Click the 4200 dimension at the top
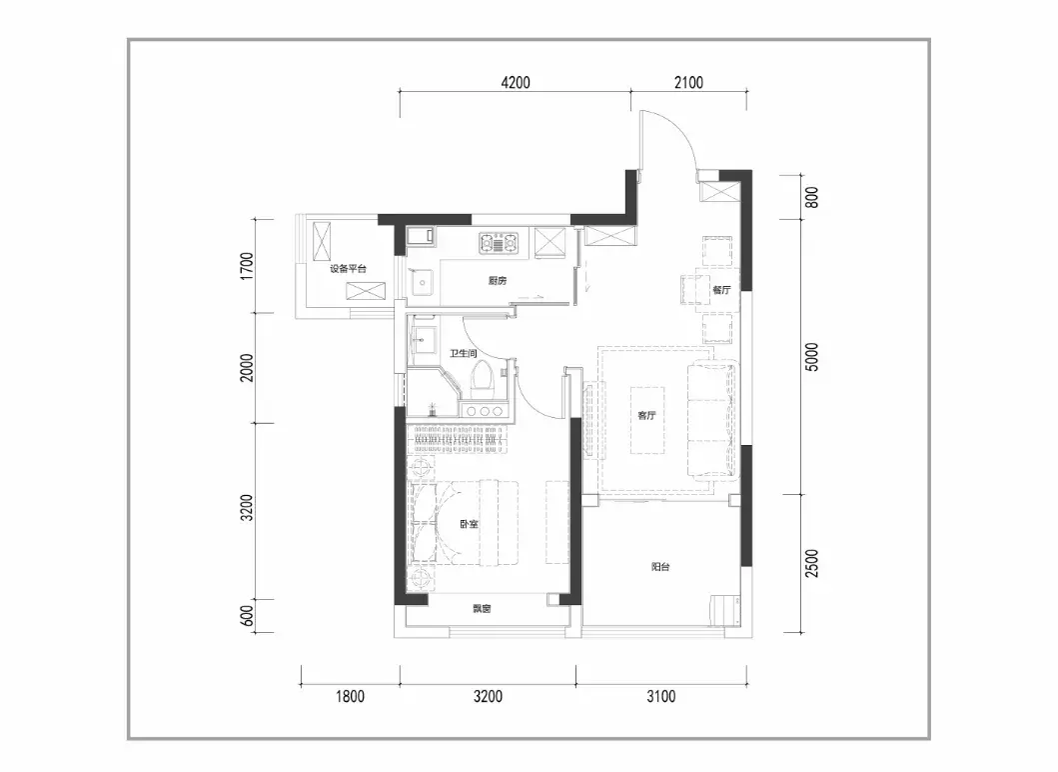pyautogui.click(x=516, y=82)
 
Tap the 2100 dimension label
pyautogui.click(x=688, y=82)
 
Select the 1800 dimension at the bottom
pyautogui.click(x=351, y=696)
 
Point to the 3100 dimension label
pyautogui.click(x=660, y=696)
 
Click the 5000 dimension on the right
pyautogui.click(x=811, y=357)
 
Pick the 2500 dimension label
pyautogui.click(x=811, y=563)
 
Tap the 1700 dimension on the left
pyautogui.click(x=247, y=266)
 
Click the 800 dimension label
pyautogui.click(x=811, y=197)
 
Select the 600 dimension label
pyautogui.click(x=247, y=615)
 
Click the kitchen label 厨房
pyautogui.click(x=498, y=281)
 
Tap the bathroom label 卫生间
pyautogui.click(x=463, y=353)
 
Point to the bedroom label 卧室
pyautogui.click(x=469, y=524)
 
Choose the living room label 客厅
pyautogui.click(x=646, y=415)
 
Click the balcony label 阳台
pyautogui.click(x=660, y=567)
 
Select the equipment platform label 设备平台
pyautogui.click(x=348, y=269)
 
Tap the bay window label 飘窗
pyautogui.click(x=482, y=609)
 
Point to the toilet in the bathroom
pyautogui.click(x=482, y=377)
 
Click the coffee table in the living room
pyautogui.click(x=647, y=420)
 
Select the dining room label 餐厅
pyautogui.click(x=721, y=290)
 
